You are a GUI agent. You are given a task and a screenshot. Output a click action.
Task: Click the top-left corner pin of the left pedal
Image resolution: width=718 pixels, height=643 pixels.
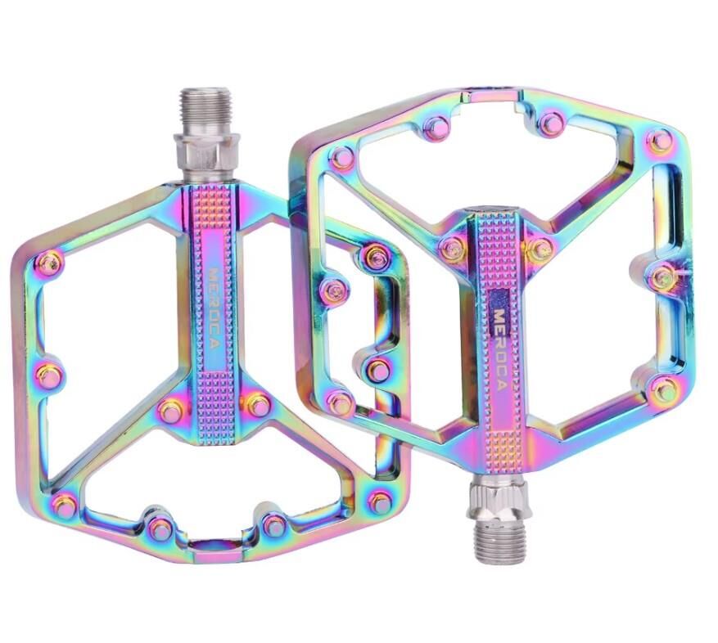(50, 261)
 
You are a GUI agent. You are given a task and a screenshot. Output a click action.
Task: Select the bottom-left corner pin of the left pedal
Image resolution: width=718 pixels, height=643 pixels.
(65, 505)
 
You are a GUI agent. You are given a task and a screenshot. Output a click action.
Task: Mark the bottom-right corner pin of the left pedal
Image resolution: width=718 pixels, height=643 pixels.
(381, 502)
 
